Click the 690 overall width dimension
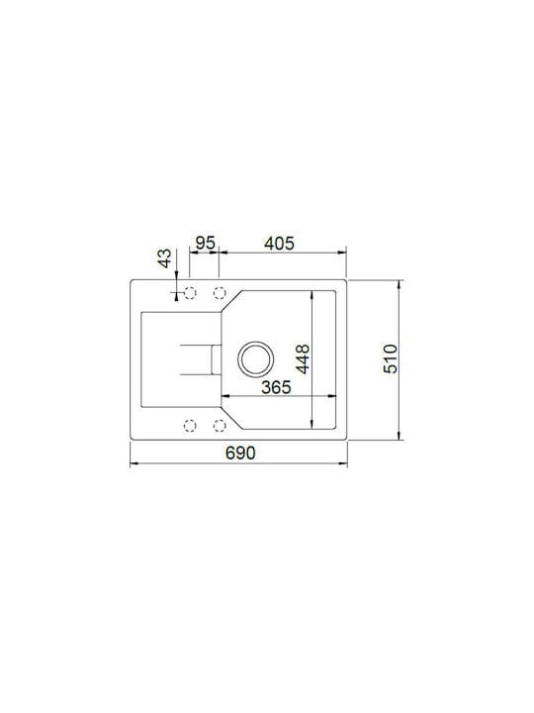(x=240, y=453)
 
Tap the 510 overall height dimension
(x=391, y=358)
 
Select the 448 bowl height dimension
(x=303, y=358)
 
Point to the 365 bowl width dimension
(x=276, y=387)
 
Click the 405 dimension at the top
(x=279, y=244)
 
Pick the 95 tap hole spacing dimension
(x=205, y=244)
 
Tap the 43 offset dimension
(x=164, y=257)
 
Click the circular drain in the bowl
(x=256, y=358)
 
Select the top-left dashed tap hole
(x=190, y=293)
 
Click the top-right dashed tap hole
(x=220, y=293)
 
